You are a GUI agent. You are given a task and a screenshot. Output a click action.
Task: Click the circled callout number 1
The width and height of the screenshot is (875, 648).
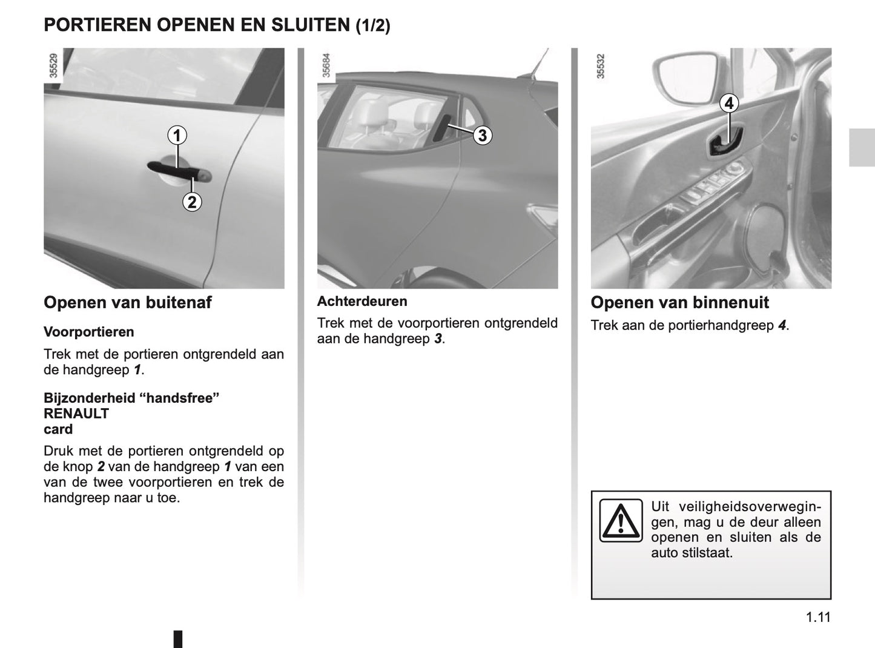[177, 136]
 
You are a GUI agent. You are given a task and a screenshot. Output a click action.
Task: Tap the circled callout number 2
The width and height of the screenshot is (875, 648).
[192, 202]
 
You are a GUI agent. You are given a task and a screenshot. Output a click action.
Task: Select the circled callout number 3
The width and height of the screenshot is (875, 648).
[482, 135]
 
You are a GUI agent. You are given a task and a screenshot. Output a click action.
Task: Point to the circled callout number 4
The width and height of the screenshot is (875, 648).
[729, 104]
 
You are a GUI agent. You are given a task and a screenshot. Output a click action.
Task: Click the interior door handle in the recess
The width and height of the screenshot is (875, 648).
[724, 145]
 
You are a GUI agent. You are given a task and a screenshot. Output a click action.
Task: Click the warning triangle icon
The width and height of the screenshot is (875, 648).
[621, 520]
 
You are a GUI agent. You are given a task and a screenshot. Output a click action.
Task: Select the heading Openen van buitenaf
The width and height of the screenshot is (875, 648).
[128, 302]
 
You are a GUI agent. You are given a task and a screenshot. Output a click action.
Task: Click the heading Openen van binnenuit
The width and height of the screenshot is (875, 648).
[679, 302]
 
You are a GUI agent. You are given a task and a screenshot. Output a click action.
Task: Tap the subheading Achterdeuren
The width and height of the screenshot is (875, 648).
[362, 301]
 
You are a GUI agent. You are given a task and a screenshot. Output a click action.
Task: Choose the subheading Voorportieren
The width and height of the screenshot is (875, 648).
[89, 332]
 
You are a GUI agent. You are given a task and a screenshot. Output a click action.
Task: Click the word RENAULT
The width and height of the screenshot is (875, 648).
[76, 414]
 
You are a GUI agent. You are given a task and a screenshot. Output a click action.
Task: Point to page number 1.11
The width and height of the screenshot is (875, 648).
[818, 617]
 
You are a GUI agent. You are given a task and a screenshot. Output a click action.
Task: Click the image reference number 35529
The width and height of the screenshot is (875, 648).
[54, 65]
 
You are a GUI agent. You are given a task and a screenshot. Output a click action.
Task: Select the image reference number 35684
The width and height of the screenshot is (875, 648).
[327, 65]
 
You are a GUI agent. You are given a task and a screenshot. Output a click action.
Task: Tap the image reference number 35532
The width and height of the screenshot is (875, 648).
[601, 65]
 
